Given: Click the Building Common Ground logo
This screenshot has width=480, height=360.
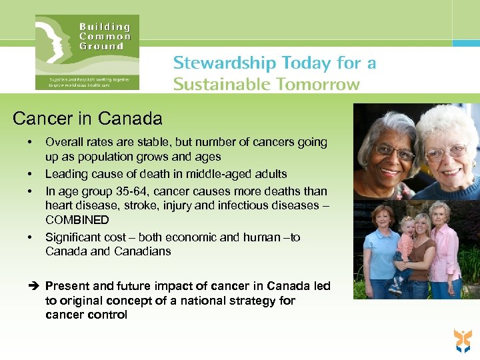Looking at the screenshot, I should point(87,52).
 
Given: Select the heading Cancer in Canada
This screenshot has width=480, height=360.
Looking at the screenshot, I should point(87,119).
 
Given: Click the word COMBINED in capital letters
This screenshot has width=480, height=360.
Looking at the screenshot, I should point(77,220).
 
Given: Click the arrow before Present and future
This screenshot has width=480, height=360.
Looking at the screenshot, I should point(35,286).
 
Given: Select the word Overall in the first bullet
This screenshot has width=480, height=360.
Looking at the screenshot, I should point(64,142).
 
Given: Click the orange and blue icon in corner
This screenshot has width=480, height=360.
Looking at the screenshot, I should point(461,340).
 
